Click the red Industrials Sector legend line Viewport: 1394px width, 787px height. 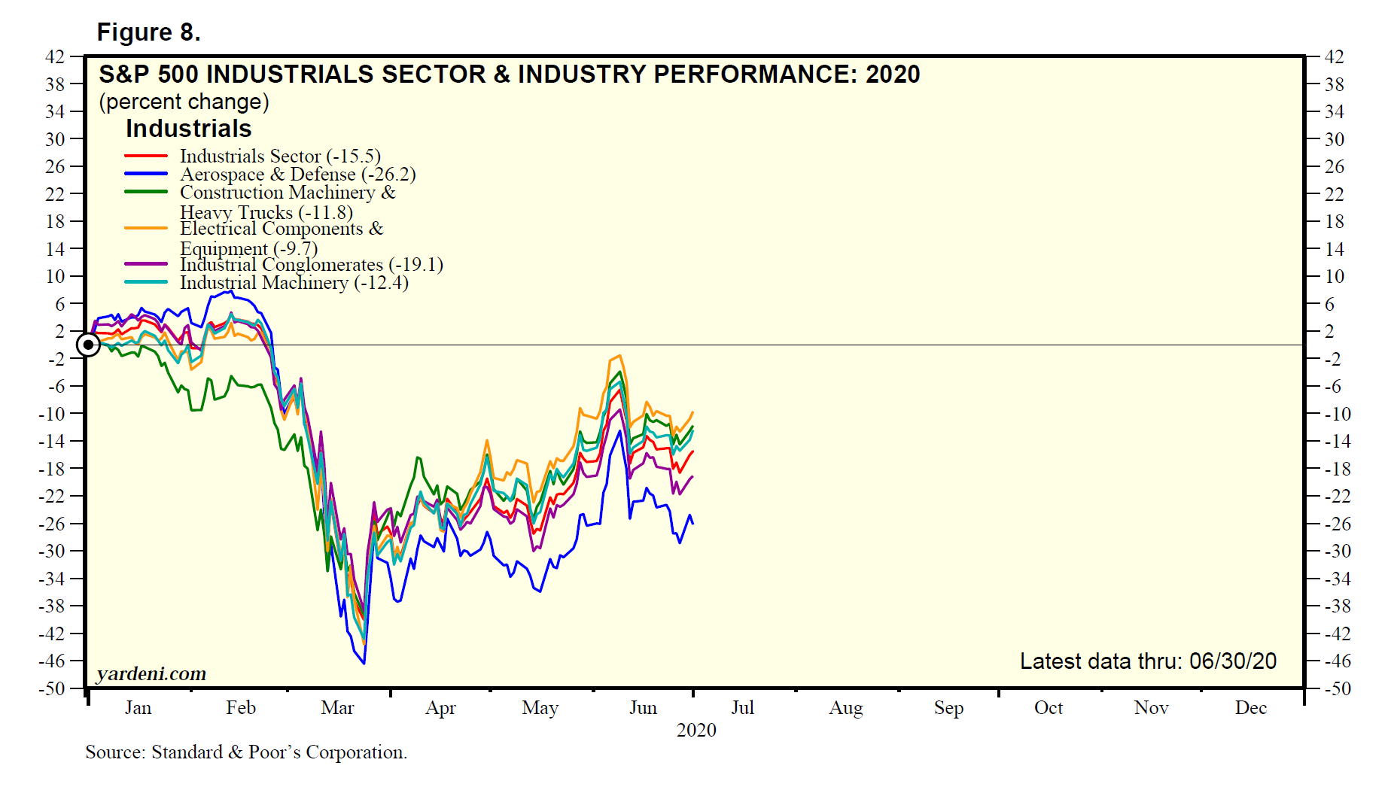click(x=145, y=156)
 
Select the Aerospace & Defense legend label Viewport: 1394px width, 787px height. click(x=297, y=175)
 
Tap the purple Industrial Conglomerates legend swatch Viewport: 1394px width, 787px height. click(x=145, y=264)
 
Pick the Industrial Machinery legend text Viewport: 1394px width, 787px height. click(x=294, y=283)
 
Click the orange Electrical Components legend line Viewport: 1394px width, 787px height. click(x=145, y=228)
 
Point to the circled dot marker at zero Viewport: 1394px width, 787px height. click(x=88, y=345)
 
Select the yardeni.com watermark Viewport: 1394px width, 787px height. click(x=151, y=673)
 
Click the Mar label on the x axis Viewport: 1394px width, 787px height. click(x=337, y=708)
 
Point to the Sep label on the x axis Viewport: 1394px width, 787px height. click(x=948, y=708)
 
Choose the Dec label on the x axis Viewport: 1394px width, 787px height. click(x=1250, y=708)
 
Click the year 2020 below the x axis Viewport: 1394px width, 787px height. click(x=696, y=730)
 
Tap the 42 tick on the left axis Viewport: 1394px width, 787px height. click(x=55, y=56)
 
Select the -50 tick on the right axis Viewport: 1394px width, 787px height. click(x=1337, y=688)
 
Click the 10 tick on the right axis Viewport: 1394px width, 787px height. click(x=1335, y=276)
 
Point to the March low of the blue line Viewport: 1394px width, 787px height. click(x=364, y=663)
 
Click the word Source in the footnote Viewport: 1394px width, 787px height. click(x=114, y=752)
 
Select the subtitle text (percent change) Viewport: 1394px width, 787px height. click(x=184, y=102)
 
